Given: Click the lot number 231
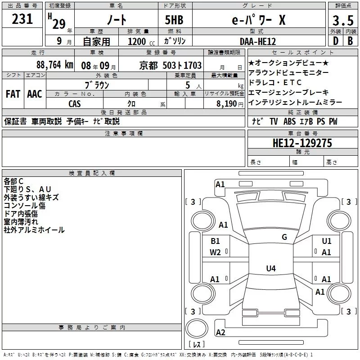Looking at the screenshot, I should (22, 19).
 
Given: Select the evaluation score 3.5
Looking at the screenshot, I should (342, 21).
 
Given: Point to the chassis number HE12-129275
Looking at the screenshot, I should (302, 143).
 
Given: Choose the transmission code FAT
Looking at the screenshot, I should (13, 94).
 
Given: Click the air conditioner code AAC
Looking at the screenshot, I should (35, 94).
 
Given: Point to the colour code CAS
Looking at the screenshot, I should (75, 103).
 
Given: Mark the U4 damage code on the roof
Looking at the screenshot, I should (270, 269).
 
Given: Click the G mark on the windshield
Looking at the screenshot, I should (284, 237).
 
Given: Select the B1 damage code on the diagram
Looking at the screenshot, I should (216, 241).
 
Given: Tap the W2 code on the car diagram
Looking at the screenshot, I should (215, 252).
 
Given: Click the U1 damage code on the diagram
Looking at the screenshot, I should (327, 241).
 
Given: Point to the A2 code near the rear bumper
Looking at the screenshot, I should (220, 333).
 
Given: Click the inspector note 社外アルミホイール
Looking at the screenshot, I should (34, 230).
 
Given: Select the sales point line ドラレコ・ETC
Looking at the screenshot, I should (275, 82).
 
